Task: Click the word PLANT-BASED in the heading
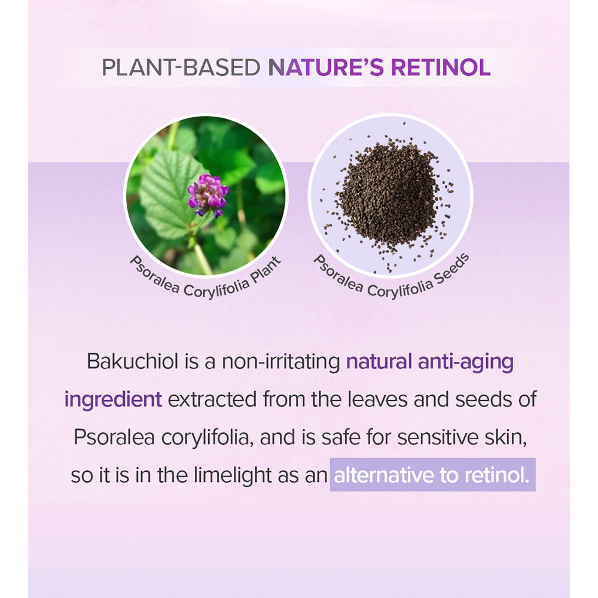(181, 68)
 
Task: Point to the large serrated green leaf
(168, 191)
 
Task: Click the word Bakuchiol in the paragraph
(132, 361)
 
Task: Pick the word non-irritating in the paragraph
(281, 361)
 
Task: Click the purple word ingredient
(113, 400)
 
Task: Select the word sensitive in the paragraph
(438, 437)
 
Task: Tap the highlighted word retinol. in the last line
(497, 475)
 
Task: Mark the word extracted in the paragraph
(212, 399)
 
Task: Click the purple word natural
(379, 361)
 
